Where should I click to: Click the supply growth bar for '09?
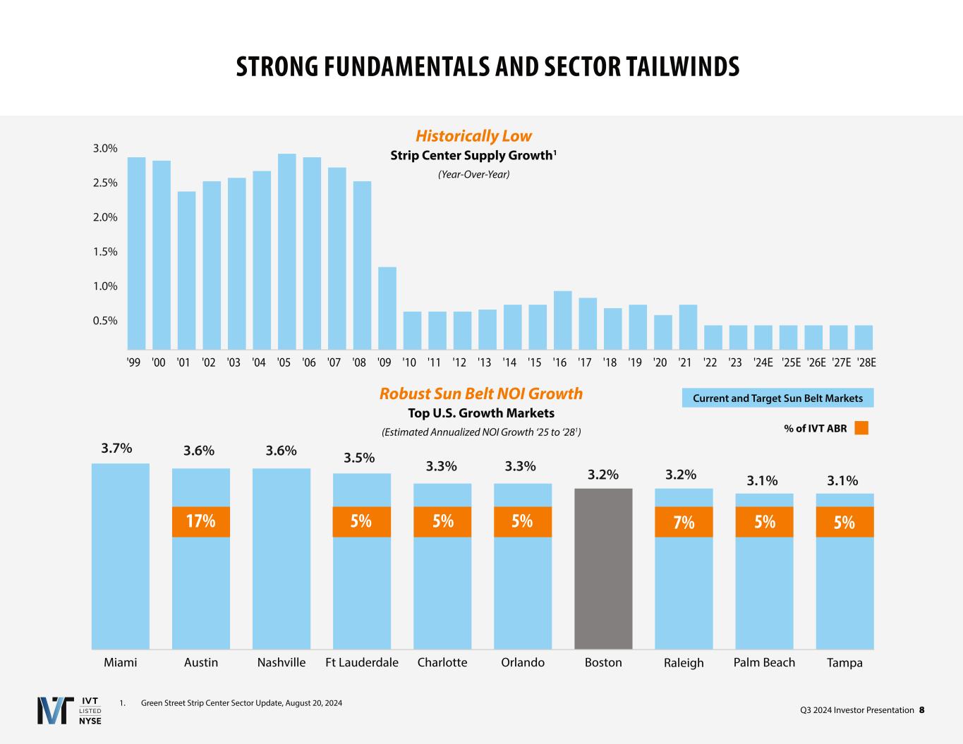coord(387,308)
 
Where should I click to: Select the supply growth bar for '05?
coord(287,252)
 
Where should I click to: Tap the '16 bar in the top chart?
coord(562,320)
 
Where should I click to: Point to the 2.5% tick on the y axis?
coord(105,183)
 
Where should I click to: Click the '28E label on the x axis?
coord(866,363)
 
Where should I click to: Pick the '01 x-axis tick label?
coord(183,363)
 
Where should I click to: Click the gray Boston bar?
coord(603,568)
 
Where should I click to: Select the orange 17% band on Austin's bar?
coord(201,522)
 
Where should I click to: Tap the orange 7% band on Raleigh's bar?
coord(684,522)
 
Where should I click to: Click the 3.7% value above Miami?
coord(116,449)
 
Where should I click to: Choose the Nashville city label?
coord(281,662)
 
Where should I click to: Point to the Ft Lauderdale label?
coord(362,662)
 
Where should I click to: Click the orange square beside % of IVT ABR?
coord(861,428)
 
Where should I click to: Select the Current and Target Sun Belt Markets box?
coord(777,398)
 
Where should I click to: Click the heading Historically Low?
coord(473,136)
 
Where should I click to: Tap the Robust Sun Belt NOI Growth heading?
coord(481,394)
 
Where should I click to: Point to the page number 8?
coord(921,709)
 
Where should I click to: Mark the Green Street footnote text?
coord(241,702)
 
